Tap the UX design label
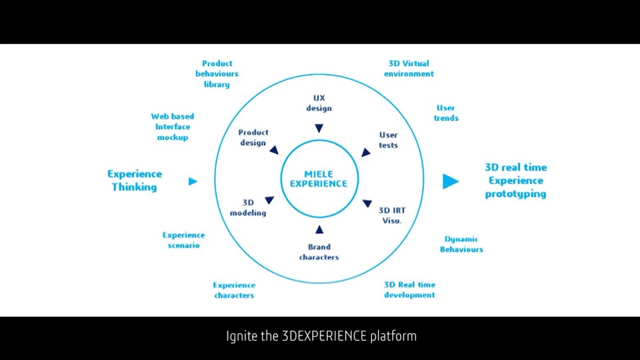[319, 103]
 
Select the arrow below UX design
[319, 129]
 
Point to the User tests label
[388, 140]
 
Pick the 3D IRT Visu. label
[391, 215]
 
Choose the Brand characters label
[319, 252]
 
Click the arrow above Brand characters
[319, 230]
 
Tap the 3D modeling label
[248, 207]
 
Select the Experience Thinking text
[134, 181]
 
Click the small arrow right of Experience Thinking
[193, 181]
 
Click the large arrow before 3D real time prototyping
[451, 181]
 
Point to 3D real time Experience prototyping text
[515, 181]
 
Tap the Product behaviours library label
[217, 74]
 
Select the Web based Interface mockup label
[173, 127]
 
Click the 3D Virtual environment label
[409, 69]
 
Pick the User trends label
[446, 113]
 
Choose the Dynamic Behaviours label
[461, 244]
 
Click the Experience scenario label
[183, 240]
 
